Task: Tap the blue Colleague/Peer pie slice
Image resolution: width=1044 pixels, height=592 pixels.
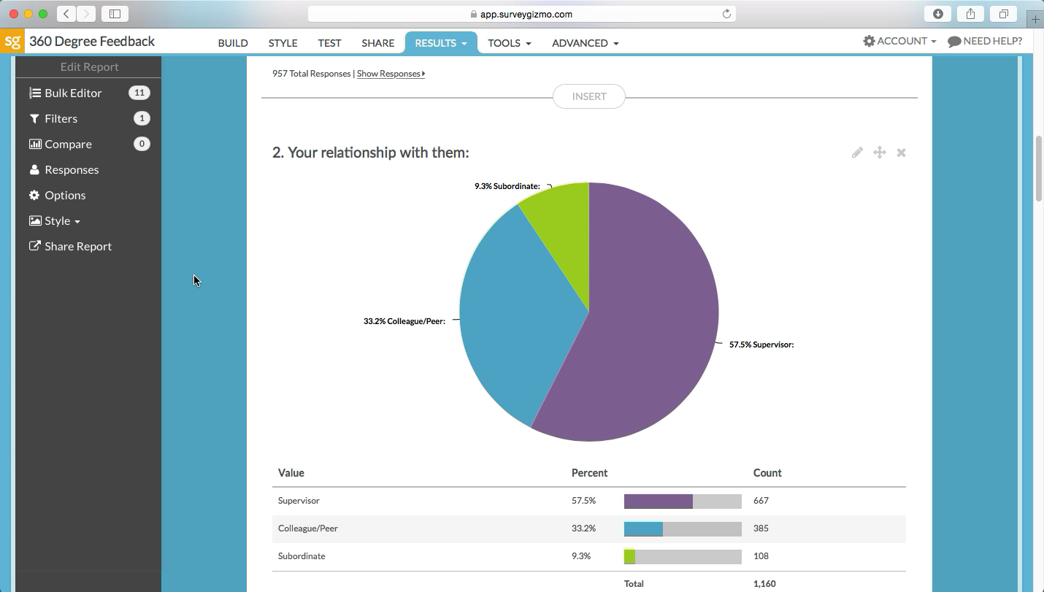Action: [x=511, y=314]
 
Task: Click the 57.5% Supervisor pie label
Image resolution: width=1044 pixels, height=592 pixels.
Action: [x=761, y=345]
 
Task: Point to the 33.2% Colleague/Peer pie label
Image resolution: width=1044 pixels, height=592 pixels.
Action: [x=404, y=321]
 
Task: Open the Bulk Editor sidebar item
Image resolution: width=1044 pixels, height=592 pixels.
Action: [x=73, y=93]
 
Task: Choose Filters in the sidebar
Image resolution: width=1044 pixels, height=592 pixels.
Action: [x=61, y=118]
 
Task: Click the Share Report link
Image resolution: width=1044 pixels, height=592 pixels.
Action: [x=77, y=246]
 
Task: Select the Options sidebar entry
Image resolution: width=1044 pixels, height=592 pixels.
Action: [x=65, y=195]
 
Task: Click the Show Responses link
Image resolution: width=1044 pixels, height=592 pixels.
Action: [x=390, y=74]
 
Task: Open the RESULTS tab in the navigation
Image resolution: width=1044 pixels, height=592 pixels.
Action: [x=440, y=43]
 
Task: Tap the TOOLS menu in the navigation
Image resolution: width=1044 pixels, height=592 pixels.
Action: [x=509, y=43]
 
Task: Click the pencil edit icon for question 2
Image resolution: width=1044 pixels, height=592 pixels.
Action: [x=857, y=153]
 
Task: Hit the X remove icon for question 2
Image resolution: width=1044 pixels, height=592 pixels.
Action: [x=901, y=153]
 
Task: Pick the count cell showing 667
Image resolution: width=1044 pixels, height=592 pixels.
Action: [x=761, y=501]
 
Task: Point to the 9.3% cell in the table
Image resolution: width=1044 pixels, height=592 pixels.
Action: [x=581, y=556]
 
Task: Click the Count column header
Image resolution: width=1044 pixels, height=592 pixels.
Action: [x=767, y=473]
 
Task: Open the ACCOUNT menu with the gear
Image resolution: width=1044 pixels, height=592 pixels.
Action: [x=899, y=41]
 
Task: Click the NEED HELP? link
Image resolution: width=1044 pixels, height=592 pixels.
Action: [x=985, y=41]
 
